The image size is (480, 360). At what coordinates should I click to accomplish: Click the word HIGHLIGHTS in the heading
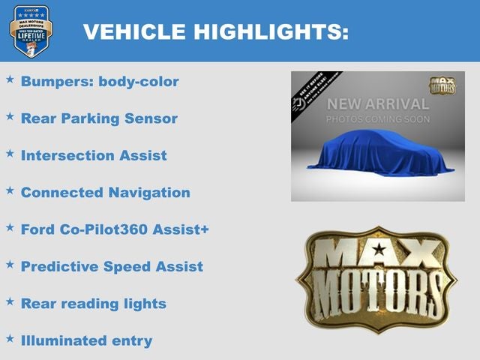[x=271, y=31]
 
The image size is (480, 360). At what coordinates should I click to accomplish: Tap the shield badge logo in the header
[x=31, y=31]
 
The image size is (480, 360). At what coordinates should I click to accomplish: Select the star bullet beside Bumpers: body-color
[x=10, y=79]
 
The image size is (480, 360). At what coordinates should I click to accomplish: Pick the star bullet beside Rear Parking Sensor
[x=10, y=116]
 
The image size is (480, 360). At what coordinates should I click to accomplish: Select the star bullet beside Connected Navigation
[x=10, y=190]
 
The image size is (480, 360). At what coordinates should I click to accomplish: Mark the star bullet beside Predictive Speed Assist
[x=10, y=264]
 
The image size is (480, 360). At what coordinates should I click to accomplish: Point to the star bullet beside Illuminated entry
[x=10, y=338]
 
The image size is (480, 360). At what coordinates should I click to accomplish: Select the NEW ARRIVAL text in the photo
[x=377, y=104]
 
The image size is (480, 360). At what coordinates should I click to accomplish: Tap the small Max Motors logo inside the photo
[x=442, y=85]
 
